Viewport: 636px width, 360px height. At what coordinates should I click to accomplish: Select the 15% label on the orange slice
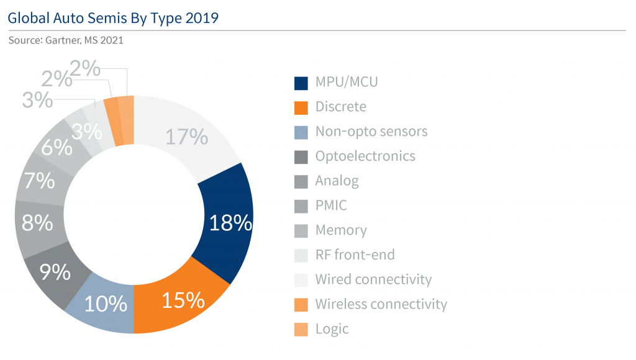tap(183, 300)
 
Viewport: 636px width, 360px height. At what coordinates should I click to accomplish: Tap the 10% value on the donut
tap(106, 304)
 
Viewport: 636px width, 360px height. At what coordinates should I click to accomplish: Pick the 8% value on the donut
tap(37, 223)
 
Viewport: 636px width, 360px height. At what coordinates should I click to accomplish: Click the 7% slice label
tap(40, 182)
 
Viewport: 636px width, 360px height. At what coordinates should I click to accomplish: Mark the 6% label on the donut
tap(57, 148)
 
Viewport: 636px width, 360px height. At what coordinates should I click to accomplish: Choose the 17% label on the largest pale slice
tap(186, 136)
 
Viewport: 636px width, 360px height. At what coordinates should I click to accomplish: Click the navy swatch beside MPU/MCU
tap(301, 83)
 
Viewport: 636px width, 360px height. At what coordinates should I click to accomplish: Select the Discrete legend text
tap(340, 107)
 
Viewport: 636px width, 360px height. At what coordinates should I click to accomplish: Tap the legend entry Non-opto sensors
tap(371, 132)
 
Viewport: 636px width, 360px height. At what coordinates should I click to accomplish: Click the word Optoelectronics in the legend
tap(365, 156)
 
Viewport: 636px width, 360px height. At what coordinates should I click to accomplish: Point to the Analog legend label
tap(337, 181)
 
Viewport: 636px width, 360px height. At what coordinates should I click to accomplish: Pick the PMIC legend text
tap(332, 205)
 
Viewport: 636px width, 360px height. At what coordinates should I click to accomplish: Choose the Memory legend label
tap(341, 230)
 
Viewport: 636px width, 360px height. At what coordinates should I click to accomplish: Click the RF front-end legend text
tap(355, 254)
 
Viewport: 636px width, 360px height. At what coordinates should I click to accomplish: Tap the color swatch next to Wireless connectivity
tap(301, 304)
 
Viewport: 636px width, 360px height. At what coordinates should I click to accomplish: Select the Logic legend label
tap(332, 329)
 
